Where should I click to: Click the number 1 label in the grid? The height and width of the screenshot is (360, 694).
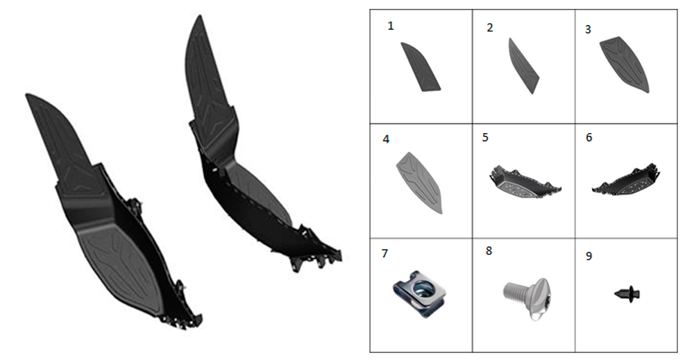pyautogui.click(x=390, y=26)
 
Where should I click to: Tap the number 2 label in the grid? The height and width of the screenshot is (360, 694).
pyautogui.click(x=489, y=28)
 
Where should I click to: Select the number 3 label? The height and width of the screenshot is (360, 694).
pyautogui.click(x=588, y=30)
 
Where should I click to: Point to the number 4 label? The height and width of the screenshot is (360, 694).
pyautogui.click(x=386, y=139)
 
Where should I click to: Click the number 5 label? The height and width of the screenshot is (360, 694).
pyautogui.click(x=485, y=137)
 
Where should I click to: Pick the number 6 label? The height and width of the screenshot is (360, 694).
pyautogui.click(x=589, y=137)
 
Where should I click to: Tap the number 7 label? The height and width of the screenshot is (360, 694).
pyautogui.click(x=384, y=253)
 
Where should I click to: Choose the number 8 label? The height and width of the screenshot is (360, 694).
pyautogui.click(x=489, y=251)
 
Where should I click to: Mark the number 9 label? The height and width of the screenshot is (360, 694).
pyautogui.click(x=589, y=256)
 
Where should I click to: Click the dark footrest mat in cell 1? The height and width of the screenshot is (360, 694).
pyautogui.click(x=420, y=67)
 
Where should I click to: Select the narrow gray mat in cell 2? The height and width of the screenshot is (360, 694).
pyautogui.click(x=523, y=66)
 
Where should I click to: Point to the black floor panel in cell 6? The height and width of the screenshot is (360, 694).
pyautogui.click(x=627, y=181)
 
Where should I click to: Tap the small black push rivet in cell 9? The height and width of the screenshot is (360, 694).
pyautogui.click(x=627, y=293)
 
